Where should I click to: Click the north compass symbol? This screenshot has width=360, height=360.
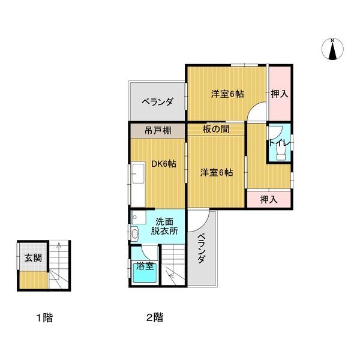pyautogui.click(x=332, y=49)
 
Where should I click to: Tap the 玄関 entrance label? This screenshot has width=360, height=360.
pyautogui.click(x=33, y=258)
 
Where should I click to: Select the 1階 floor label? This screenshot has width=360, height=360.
pyautogui.click(x=45, y=318)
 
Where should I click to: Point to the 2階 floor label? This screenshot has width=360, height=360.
pyautogui.click(x=155, y=317)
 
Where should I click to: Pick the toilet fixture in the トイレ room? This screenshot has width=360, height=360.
pyautogui.click(x=281, y=152)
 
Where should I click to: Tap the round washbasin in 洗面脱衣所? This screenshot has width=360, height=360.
pyautogui.click(x=135, y=234)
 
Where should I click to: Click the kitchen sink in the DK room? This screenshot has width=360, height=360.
pyautogui.click(x=138, y=173)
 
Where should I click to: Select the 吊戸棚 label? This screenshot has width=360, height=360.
pyautogui.click(x=158, y=131)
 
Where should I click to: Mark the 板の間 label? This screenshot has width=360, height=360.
pyautogui.click(x=216, y=129)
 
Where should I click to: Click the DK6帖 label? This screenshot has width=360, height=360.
pyautogui.click(x=164, y=164)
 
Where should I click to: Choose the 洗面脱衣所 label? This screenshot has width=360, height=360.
pyautogui.click(x=164, y=226)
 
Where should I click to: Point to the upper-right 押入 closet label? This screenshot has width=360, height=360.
pyautogui.click(x=280, y=94)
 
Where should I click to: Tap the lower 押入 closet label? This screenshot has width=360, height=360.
pyautogui.click(x=269, y=200)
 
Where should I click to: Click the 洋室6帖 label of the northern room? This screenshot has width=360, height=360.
pyautogui.click(x=227, y=94)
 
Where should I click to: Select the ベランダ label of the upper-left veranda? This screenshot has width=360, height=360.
pyautogui.click(x=157, y=101)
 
